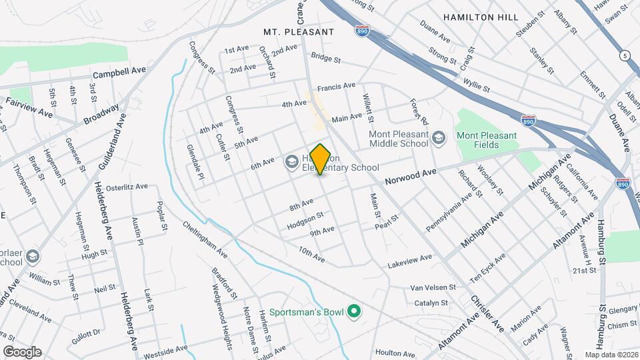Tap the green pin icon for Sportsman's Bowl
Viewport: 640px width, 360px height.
355,311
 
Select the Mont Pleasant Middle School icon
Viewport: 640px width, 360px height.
438,138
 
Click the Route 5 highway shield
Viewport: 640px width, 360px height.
625,55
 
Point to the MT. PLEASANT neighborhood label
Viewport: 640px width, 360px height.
298,31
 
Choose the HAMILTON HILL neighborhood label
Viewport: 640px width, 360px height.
479,17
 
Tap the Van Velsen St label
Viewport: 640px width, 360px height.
432,287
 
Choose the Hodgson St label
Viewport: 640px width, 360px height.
305,221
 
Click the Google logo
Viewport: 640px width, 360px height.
22,352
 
